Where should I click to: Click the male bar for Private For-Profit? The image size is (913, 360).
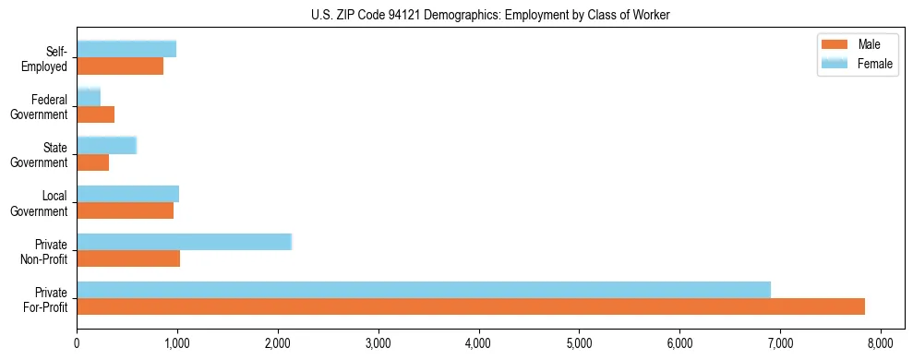point(471,306)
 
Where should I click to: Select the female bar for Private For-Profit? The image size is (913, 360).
point(424,290)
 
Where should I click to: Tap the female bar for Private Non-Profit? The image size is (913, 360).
point(184,242)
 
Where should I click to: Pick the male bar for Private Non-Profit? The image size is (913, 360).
point(128,258)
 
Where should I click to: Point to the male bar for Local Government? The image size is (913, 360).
point(125,210)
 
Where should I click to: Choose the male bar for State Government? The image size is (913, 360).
point(92,162)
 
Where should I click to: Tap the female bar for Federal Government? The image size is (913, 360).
point(89,97)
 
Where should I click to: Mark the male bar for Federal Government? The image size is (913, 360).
point(95,114)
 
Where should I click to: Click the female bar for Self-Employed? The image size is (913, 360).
point(126,49)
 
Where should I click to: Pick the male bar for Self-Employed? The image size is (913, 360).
point(120,66)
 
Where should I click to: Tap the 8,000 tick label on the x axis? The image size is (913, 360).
point(880,343)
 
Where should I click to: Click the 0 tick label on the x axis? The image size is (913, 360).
point(77,343)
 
